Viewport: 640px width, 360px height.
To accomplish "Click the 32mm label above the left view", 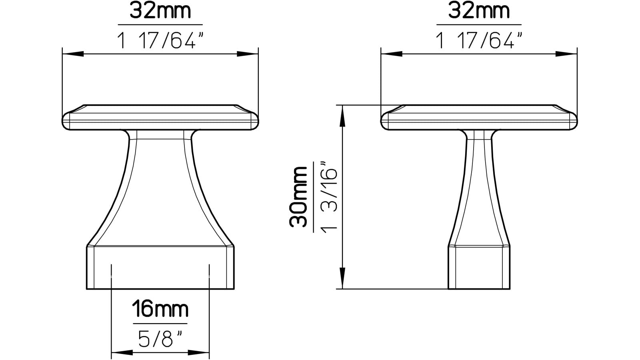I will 160,11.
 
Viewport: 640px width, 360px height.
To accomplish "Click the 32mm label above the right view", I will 479,11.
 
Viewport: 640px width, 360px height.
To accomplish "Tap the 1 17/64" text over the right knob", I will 479,41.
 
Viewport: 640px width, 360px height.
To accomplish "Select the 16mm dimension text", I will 160,310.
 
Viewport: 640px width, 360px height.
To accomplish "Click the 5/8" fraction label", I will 160,339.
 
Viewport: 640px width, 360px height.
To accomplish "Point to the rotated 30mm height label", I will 299,196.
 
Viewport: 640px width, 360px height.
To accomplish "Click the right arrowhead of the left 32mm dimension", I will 248,54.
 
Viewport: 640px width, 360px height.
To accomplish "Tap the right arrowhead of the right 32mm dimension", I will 566,54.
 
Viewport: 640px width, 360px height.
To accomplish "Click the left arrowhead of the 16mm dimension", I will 122,352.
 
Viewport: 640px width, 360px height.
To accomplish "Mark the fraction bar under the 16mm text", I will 160,323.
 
